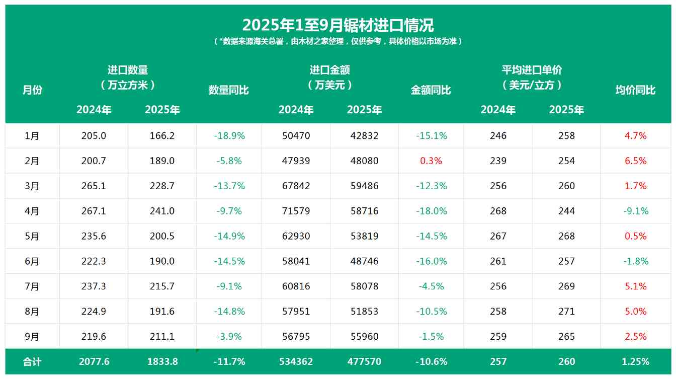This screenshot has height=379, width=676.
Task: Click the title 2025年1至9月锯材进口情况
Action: pos(337,25)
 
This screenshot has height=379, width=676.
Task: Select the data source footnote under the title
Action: pos(337,41)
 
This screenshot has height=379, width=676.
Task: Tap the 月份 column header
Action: pos(32,90)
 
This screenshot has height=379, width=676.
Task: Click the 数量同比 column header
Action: pos(229,90)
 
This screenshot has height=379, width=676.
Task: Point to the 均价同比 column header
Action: pos(635,90)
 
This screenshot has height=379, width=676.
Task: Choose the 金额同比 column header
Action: pos(431,90)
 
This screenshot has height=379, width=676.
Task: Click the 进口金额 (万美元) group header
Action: pos(330,78)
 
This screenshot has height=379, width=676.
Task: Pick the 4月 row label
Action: pos(32,211)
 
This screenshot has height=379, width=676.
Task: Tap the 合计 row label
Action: pos(32,362)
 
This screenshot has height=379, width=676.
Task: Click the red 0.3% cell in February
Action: pos(431,161)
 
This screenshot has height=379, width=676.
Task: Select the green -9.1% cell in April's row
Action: pos(636,211)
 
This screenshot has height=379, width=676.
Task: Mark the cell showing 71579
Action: pos(296,211)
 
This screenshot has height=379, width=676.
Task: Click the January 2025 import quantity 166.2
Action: pos(162,136)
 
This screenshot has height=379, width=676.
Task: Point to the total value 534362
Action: pos(296,362)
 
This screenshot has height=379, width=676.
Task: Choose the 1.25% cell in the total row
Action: pos(636,362)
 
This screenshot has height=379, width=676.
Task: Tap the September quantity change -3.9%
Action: pos(229,337)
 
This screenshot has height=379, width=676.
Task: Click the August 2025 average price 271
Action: pos(566,312)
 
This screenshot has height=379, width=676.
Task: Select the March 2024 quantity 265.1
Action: pos(94,186)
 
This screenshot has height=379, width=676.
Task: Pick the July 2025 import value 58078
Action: pos(364,286)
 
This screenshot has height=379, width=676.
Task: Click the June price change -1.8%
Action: pos(636,261)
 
